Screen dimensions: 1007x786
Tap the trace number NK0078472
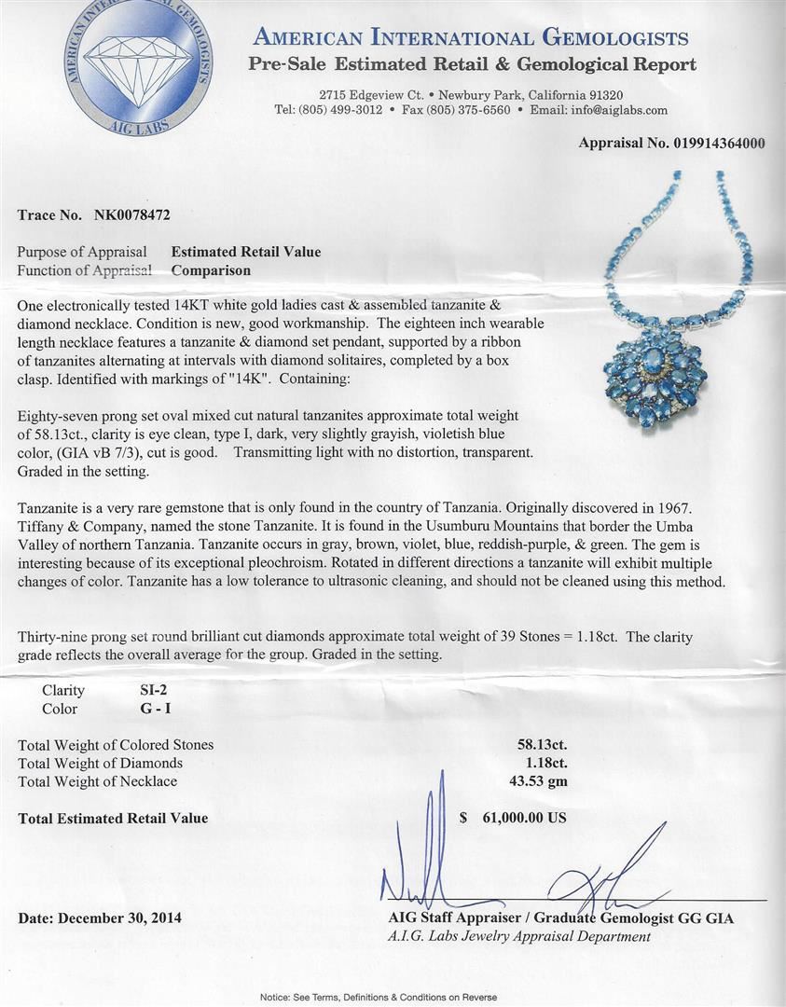point(132,214)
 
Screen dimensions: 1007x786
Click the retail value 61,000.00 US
point(523,818)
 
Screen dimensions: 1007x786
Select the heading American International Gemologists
point(471,38)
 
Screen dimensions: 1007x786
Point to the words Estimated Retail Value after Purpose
point(246,252)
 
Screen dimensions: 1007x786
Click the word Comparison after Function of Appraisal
point(211,270)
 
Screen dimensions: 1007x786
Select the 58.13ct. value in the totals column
point(542,744)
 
